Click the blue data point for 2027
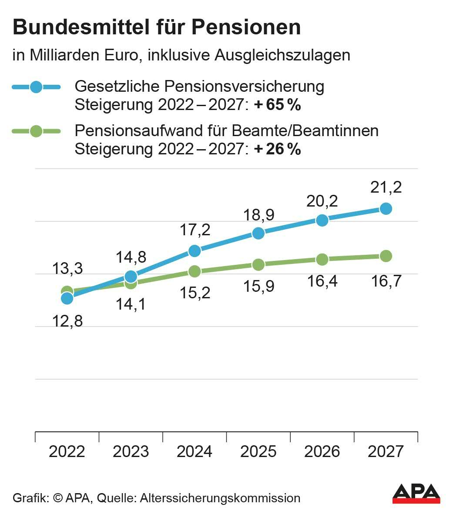pos(386,209)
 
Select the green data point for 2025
pos(258,264)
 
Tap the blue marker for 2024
pos(195,250)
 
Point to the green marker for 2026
pos(322,260)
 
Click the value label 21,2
pos(386,187)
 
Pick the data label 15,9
pos(258,286)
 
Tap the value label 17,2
pos(195,230)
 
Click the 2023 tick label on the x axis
pos(131,451)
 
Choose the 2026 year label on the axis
pos(322,451)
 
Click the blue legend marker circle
pos(37,87)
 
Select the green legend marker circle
pos(37,131)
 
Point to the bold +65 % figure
pos(277,105)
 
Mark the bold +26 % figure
pos(277,149)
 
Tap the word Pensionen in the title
pos(246,27)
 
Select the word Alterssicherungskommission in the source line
pos(220,498)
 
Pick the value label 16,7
pos(386,281)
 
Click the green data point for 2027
pos(386,256)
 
